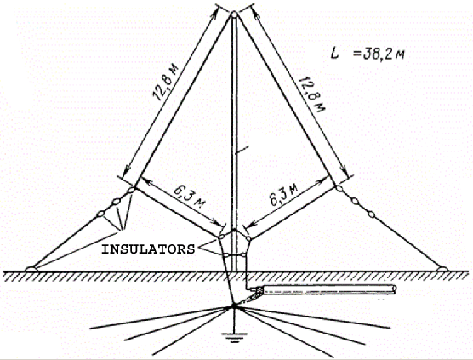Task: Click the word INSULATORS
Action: [x=148, y=249]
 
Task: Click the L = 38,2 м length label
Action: [x=368, y=54]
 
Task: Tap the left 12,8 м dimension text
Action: [x=166, y=82]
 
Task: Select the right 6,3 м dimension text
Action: [x=283, y=195]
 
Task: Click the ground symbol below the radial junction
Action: [x=234, y=338]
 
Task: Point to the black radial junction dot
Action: [x=235, y=306]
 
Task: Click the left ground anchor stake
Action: [x=31, y=269]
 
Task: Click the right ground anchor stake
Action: [x=442, y=269]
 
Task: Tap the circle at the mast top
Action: [x=235, y=14]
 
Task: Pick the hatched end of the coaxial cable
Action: [x=259, y=290]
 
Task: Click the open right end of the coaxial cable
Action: [x=393, y=289]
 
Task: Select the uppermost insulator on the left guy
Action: [x=132, y=191]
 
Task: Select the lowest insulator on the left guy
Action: [x=100, y=214]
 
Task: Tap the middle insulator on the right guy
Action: [x=355, y=201]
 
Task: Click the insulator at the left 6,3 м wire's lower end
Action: [x=221, y=237]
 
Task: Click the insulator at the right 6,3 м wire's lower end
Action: [x=248, y=238]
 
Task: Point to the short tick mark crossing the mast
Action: [x=242, y=150]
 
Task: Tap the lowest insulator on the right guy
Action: [x=372, y=214]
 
